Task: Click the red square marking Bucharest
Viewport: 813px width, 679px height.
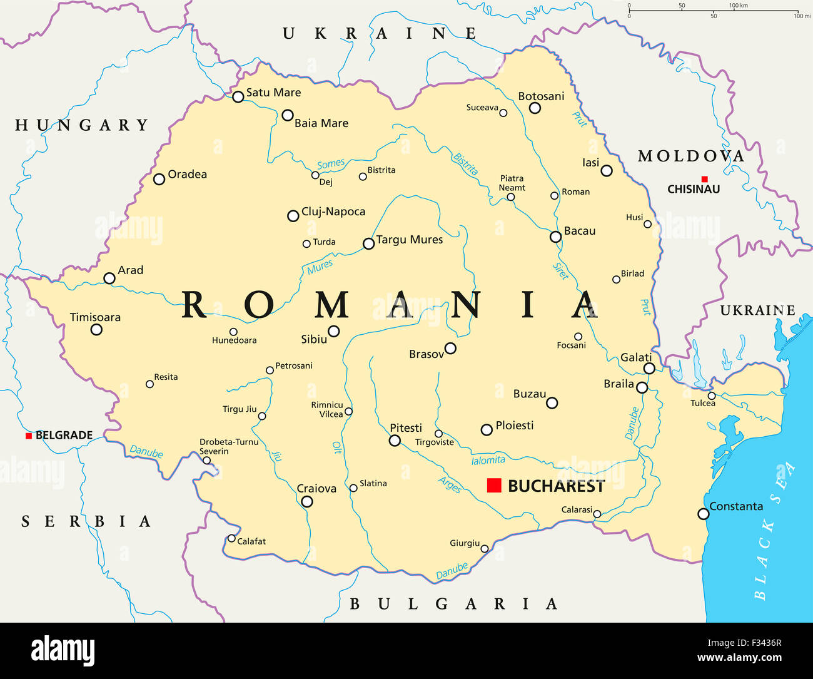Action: click(x=494, y=485)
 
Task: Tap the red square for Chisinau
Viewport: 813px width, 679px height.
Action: click(x=704, y=179)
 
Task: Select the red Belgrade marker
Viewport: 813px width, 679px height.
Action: click(x=29, y=436)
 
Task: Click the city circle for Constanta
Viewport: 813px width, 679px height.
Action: click(x=704, y=514)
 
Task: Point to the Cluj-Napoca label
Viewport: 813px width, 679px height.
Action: click(x=333, y=212)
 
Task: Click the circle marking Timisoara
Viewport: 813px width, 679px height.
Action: click(x=96, y=329)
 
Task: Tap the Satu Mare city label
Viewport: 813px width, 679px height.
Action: click(x=273, y=93)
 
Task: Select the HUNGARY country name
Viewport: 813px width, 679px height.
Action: click(x=82, y=125)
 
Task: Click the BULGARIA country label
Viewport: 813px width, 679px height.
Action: click(x=453, y=604)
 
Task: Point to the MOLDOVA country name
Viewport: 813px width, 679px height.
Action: click(x=691, y=156)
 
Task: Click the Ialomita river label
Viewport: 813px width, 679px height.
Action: click(x=488, y=461)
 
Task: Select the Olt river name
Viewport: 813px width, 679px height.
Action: click(x=337, y=447)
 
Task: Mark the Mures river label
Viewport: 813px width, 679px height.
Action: click(x=320, y=267)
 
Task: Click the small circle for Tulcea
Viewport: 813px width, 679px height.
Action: click(x=712, y=396)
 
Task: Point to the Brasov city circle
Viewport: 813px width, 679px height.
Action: click(x=450, y=348)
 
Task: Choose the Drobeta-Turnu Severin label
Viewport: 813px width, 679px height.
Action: click(x=228, y=446)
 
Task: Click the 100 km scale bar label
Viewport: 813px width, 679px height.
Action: click(x=738, y=6)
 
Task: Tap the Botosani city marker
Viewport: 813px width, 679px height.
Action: click(x=535, y=108)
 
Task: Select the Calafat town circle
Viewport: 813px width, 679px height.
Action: click(x=231, y=538)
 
